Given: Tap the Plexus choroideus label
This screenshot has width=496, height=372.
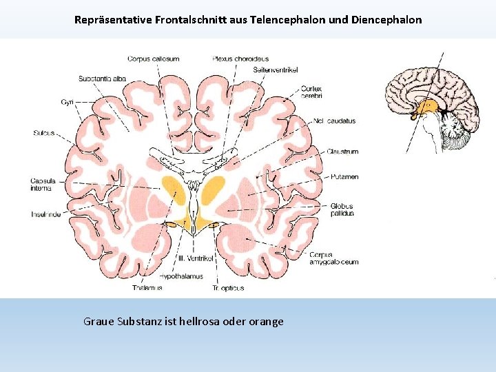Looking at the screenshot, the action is [240, 59].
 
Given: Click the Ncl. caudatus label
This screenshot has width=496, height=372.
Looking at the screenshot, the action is [333, 121].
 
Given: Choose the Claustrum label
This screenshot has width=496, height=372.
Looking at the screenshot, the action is [343, 152].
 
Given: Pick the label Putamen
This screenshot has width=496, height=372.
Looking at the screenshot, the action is [344, 177].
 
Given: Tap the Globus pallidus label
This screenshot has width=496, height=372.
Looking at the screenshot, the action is [341, 209].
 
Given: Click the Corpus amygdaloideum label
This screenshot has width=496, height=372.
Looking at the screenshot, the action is [333, 258].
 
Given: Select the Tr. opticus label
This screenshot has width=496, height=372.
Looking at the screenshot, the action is [228, 288].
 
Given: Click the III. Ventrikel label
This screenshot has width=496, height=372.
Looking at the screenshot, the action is [197, 258].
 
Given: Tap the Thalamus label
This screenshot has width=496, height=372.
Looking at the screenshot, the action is [147, 288].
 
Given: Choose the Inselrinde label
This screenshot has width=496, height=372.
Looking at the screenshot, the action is [45, 214].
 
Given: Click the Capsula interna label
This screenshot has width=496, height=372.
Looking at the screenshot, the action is [43, 184].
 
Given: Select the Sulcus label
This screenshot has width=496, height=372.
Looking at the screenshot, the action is [43, 133].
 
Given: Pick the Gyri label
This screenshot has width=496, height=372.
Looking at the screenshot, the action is [67, 102].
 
